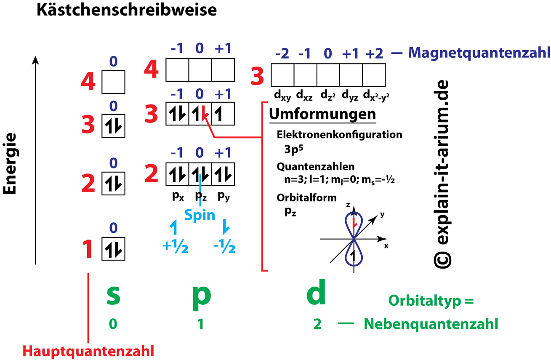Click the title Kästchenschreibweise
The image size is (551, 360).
pyautogui.click(x=126, y=11)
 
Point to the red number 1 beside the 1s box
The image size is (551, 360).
pyautogui.click(x=87, y=249)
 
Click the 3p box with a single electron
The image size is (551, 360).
pyautogui.click(x=223, y=114)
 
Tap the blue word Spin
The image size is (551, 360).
pyautogui.click(x=200, y=215)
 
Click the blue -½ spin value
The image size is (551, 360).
pyautogui.click(x=224, y=248)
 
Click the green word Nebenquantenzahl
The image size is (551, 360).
pyautogui.click(x=431, y=324)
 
